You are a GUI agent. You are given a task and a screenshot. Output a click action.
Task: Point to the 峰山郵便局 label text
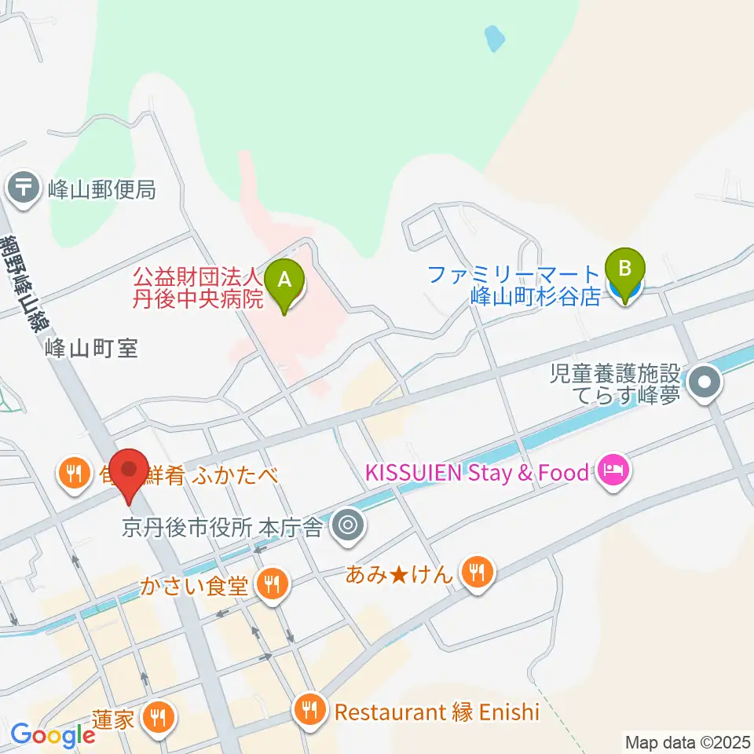(x=101, y=189)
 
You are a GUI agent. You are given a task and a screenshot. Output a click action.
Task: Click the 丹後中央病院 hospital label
(x=196, y=287)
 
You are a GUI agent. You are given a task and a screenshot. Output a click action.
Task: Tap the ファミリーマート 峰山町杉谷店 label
(x=514, y=285)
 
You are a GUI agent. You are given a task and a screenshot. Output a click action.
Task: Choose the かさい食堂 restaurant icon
(x=272, y=584)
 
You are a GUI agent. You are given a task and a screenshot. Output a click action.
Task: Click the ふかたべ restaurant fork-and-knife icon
(x=74, y=474)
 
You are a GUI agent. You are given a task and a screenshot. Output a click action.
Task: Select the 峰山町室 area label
(x=92, y=348)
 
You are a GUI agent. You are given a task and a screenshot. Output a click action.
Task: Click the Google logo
(x=53, y=735)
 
